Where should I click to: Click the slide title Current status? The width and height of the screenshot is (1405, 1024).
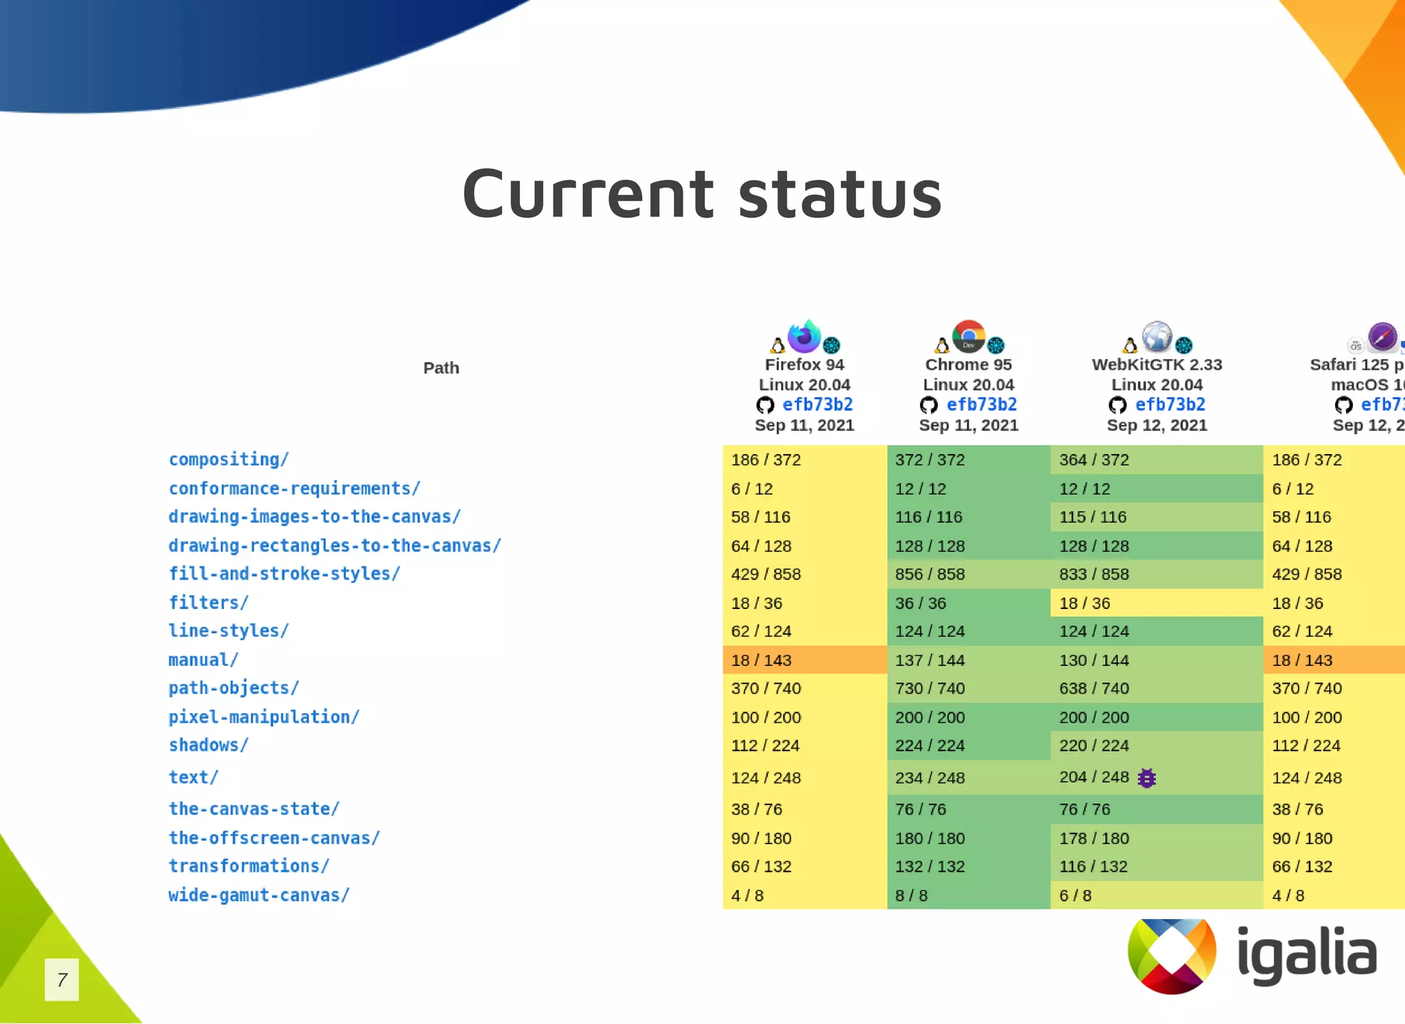click(x=702, y=194)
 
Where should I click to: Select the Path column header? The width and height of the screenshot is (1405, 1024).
click(x=441, y=368)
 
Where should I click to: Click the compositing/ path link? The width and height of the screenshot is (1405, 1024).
click(x=229, y=460)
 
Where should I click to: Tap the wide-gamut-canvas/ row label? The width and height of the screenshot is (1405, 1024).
click(x=259, y=895)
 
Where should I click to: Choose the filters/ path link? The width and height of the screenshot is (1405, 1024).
click(x=209, y=603)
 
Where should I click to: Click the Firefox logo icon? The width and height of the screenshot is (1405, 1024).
click(x=804, y=337)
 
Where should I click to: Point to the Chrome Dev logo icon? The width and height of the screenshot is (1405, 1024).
click(x=969, y=337)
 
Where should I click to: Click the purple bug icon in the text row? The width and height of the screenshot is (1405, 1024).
click(x=1146, y=778)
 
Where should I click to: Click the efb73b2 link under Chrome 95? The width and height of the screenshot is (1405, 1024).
click(x=981, y=405)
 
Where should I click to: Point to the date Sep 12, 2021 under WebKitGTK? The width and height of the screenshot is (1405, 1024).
click(x=1157, y=426)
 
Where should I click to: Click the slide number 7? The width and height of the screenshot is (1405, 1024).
click(x=62, y=979)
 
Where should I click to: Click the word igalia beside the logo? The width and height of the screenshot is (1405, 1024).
click(x=1307, y=955)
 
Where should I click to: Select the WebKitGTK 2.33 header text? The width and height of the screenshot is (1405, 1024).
click(x=1157, y=365)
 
